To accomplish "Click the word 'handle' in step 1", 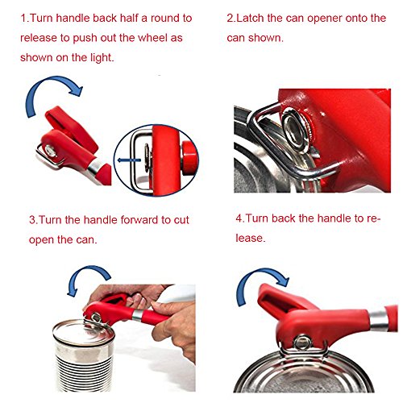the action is pos(73,18).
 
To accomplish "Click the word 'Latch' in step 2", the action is pos(251,18).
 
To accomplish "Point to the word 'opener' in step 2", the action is pos(325,19).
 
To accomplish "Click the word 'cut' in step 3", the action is pos(181,220).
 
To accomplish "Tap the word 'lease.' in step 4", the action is pos(251,238).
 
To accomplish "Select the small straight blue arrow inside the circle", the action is pos(129,160).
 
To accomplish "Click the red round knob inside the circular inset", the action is pos(190,158).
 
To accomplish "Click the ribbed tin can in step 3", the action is pos(84,355).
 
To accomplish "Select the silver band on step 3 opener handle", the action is pos(138,315).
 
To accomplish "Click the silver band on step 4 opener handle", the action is pos(379,320).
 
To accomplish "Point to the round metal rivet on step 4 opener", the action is pos(302,343).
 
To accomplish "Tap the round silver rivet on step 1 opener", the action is pos(51,151).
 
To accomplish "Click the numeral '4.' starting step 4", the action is pos(240,218).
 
